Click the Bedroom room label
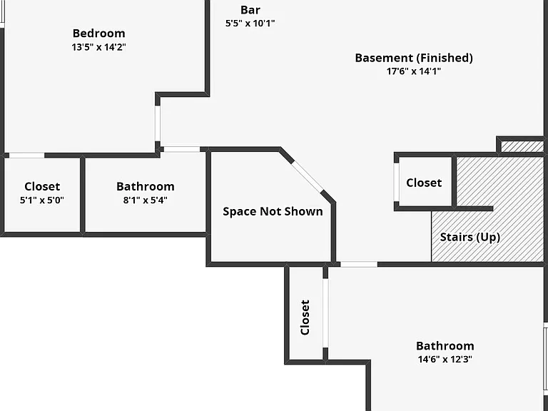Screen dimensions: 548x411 (x=99, y=34)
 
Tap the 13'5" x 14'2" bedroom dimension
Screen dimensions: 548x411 (x=99, y=47)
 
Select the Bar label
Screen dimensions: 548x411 (x=250, y=10)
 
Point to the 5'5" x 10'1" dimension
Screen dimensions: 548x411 (x=250, y=24)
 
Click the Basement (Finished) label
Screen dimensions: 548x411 (x=414, y=58)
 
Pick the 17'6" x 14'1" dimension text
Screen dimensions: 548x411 (x=414, y=71)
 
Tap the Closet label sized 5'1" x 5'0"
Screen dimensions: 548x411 (x=42, y=186)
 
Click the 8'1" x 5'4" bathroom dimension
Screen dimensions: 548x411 (x=146, y=200)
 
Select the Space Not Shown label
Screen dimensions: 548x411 (x=273, y=211)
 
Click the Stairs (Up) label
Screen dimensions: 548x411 (x=470, y=238)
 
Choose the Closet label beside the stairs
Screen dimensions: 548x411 (x=424, y=183)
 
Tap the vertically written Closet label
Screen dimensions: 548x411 (x=305, y=318)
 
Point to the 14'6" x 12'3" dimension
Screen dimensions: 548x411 (x=445, y=360)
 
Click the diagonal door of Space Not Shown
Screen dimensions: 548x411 (x=308, y=177)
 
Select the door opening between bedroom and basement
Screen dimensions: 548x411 (x=158, y=123)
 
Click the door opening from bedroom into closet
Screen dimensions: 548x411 (x=26, y=155)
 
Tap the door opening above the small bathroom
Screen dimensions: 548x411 (x=182, y=149)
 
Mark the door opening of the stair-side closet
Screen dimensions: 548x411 (x=396, y=182)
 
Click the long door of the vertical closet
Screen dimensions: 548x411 (x=325, y=313)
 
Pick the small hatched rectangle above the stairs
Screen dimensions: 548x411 (x=522, y=146)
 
